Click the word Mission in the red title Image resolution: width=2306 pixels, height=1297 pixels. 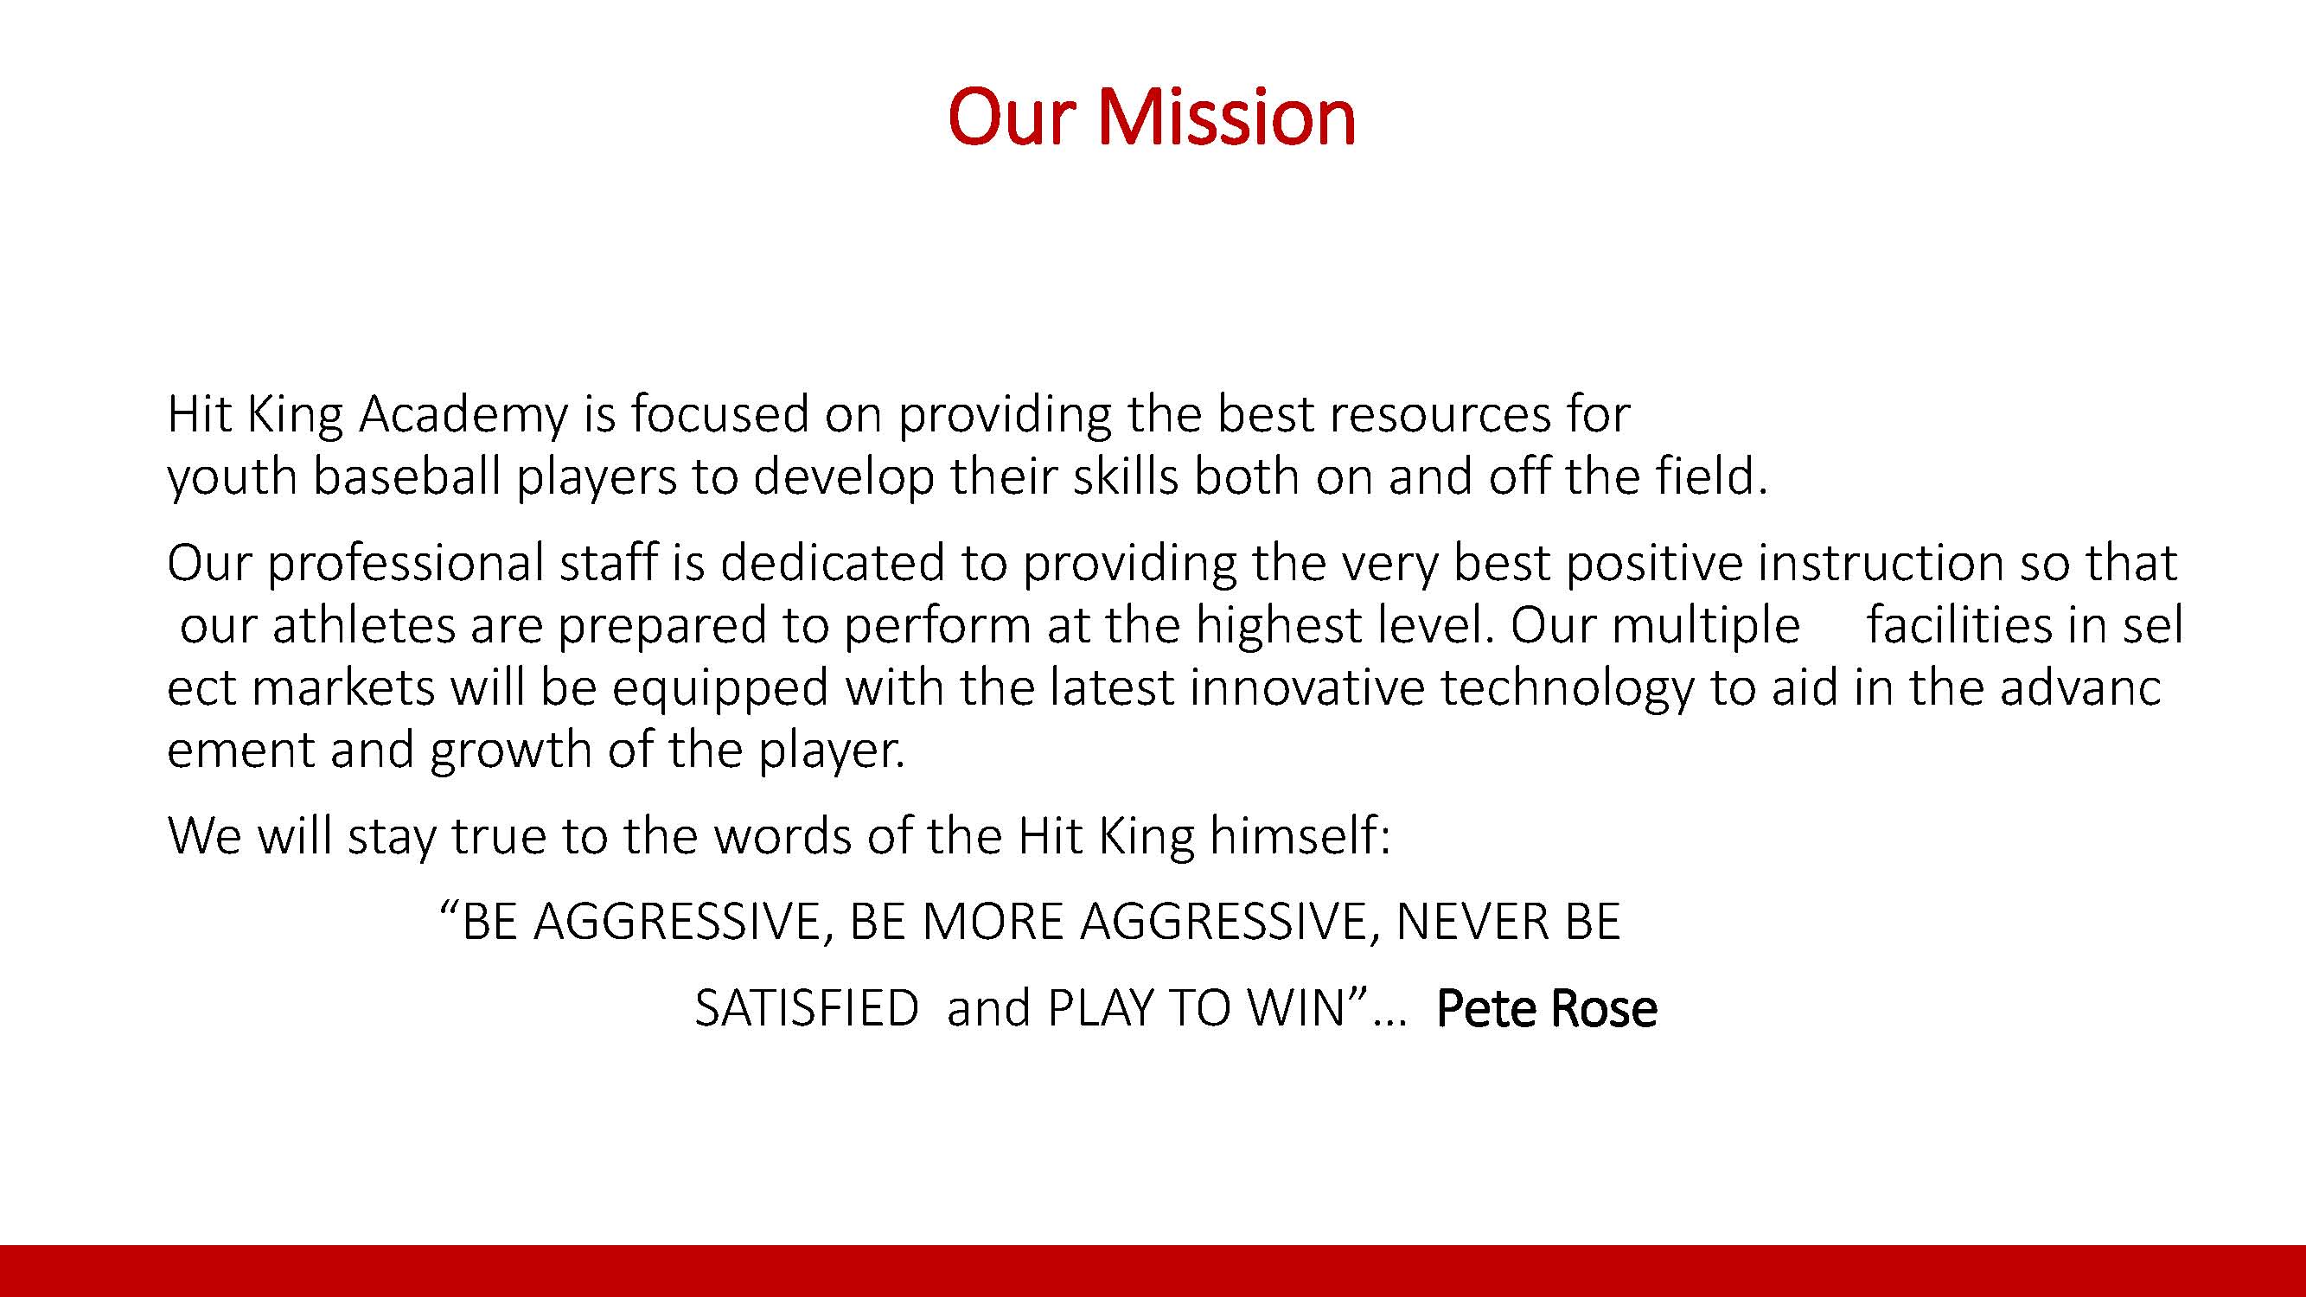click(x=1225, y=118)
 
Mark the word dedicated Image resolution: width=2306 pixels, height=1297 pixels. click(x=833, y=562)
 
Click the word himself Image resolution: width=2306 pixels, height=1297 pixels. click(x=1299, y=835)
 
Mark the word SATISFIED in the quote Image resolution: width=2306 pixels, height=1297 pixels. click(x=807, y=1008)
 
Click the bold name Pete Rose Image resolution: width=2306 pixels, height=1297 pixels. click(x=1546, y=1008)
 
